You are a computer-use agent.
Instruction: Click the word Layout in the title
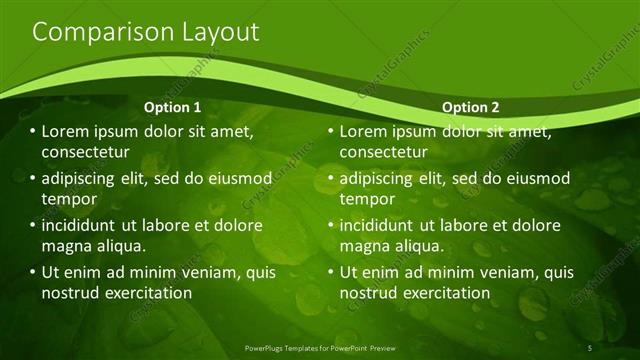(213, 32)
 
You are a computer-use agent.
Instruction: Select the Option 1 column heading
(172, 107)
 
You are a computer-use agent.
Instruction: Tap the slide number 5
(591, 347)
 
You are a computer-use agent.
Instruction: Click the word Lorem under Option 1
(66, 131)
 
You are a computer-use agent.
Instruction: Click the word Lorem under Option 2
(365, 131)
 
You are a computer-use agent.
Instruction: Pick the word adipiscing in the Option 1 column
(83, 178)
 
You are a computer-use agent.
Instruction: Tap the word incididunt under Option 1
(85, 225)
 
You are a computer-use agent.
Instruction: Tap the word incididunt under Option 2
(384, 225)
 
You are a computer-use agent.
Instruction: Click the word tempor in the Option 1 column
(66, 199)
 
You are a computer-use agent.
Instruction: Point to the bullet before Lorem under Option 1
(32, 131)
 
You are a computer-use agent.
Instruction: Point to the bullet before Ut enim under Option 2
(331, 272)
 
